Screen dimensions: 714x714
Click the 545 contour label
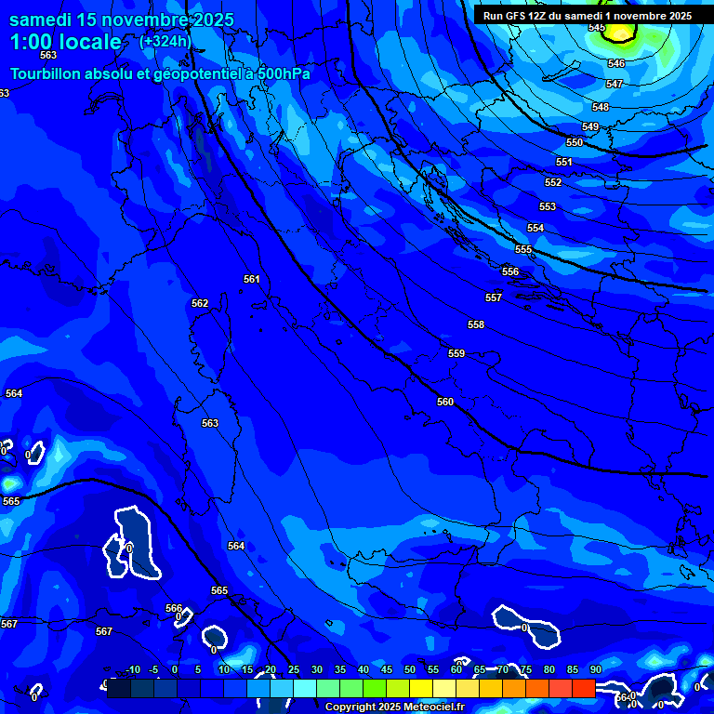coord(597,28)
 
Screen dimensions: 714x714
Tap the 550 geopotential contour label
coord(575,142)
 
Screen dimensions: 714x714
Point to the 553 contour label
coord(548,206)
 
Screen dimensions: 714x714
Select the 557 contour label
coord(494,297)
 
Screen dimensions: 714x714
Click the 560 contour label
coord(445,402)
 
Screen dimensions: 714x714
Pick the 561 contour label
coord(252,279)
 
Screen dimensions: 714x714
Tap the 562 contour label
coord(200,303)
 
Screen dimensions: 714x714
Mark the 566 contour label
coord(174,608)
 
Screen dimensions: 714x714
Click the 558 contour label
coord(476,324)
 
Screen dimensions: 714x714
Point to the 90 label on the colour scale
coord(595,670)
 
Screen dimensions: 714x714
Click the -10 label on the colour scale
coord(133,670)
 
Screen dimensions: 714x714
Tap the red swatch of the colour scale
coord(583,688)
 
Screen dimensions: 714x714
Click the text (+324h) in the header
coord(165,41)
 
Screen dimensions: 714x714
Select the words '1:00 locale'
coord(65,42)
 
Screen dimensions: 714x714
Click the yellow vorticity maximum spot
coord(621,33)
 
